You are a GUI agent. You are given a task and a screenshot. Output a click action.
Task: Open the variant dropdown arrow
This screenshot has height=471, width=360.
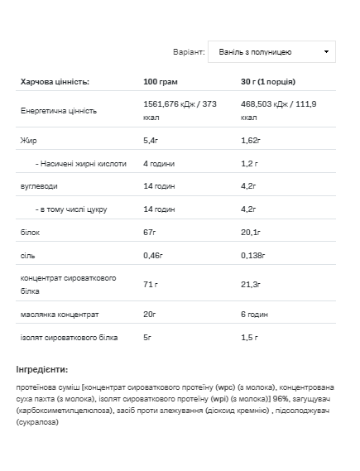click(327, 51)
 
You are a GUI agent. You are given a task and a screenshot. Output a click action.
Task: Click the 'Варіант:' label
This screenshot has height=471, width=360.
click(189, 51)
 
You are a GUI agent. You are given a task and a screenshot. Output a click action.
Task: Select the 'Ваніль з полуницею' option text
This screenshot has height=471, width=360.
click(255, 51)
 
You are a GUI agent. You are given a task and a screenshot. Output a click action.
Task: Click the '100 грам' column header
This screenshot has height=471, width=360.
click(161, 82)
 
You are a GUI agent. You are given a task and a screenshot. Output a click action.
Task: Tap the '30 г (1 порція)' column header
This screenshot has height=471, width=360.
click(268, 82)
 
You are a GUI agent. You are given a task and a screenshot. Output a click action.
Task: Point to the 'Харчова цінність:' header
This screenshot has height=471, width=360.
click(55, 82)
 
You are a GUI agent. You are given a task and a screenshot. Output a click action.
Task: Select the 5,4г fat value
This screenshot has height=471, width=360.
click(151, 141)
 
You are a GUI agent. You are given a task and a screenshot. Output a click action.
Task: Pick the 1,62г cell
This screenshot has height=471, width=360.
click(251, 141)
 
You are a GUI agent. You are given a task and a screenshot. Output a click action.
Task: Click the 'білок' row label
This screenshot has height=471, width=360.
click(31, 233)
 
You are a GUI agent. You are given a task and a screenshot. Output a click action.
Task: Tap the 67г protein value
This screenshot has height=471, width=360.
click(150, 233)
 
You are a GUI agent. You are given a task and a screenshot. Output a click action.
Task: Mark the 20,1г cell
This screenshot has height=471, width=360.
click(252, 233)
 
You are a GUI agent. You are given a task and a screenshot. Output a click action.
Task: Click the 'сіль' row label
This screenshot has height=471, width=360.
click(28, 257)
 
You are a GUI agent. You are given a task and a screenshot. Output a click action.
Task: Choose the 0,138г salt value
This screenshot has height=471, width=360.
click(254, 257)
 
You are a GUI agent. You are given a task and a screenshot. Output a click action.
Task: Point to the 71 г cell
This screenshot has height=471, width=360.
click(151, 284)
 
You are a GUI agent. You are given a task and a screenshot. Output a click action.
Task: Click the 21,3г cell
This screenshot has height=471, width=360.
click(252, 284)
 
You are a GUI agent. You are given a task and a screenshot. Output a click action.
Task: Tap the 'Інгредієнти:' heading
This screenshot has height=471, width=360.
click(42, 369)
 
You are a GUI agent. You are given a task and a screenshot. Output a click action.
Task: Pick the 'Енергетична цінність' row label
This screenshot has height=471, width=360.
click(59, 110)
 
